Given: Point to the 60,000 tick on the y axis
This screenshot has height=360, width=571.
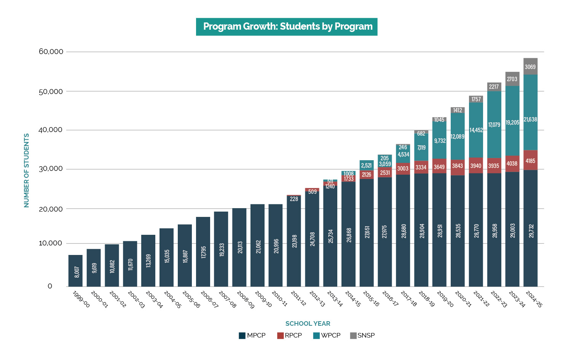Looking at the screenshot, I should [x=51, y=52].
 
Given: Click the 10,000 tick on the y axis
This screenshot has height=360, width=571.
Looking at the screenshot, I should [x=51, y=243].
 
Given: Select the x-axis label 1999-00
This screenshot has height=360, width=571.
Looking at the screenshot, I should [x=81, y=299].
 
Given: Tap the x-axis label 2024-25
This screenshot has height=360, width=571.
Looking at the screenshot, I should [x=534, y=299].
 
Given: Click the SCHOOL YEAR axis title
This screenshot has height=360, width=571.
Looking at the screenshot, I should [x=308, y=323].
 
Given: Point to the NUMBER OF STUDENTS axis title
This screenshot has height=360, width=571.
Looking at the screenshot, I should [x=26, y=170].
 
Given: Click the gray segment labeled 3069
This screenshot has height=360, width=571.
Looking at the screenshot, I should [x=530, y=67].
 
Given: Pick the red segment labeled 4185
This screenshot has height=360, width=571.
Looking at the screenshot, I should [x=530, y=161].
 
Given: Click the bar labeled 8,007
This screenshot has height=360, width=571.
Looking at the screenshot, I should [x=75, y=271].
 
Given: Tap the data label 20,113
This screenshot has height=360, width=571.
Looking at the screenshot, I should [x=240, y=247].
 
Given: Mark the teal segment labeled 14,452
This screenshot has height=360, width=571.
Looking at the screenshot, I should [x=476, y=130].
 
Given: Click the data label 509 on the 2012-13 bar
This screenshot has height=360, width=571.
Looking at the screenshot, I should [x=312, y=192].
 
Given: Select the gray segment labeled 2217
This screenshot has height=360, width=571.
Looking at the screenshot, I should [x=494, y=87].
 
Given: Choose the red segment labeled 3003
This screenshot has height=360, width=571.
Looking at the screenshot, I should [x=403, y=169].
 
